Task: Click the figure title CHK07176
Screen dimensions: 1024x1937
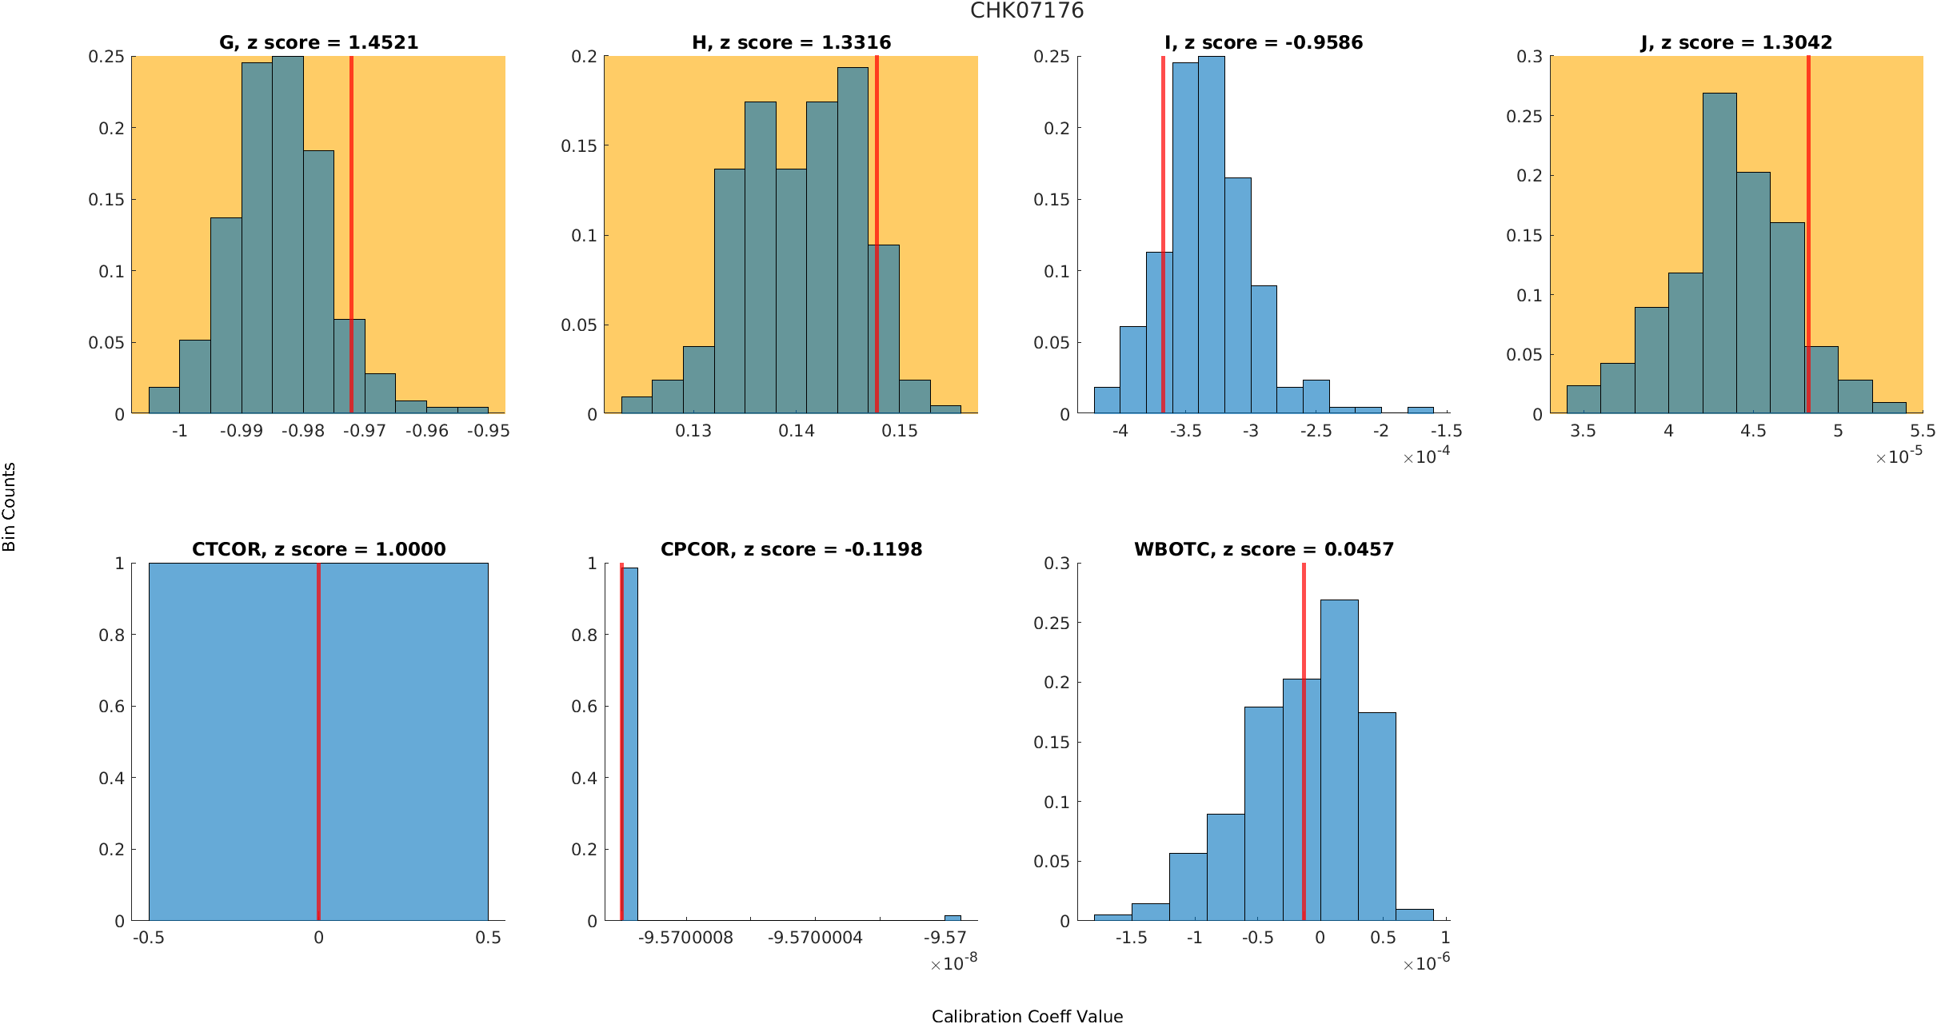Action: pos(1027,10)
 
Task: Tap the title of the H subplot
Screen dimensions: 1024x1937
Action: pos(791,42)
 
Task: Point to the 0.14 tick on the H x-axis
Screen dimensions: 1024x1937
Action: pos(797,431)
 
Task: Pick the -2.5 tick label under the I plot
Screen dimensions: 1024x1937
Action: pos(1316,431)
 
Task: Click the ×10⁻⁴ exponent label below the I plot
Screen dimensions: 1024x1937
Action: pos(1426,456)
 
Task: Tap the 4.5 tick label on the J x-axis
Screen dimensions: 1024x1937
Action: pos(1753,431)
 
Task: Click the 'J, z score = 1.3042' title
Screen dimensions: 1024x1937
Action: pos(1736,42)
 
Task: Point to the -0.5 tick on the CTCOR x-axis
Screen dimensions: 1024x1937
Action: pos(149,938)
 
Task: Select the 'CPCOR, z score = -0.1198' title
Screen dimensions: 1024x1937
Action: pos(791,549)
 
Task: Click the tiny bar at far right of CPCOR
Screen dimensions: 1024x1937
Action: pos(953,918)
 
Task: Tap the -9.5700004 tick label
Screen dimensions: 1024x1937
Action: pos(815,938)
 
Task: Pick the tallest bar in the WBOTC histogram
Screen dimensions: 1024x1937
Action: pos(1339,760)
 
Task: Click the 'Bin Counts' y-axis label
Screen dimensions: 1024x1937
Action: pos(10,507)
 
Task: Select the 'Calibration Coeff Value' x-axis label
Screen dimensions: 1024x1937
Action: pos(1027,1016)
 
